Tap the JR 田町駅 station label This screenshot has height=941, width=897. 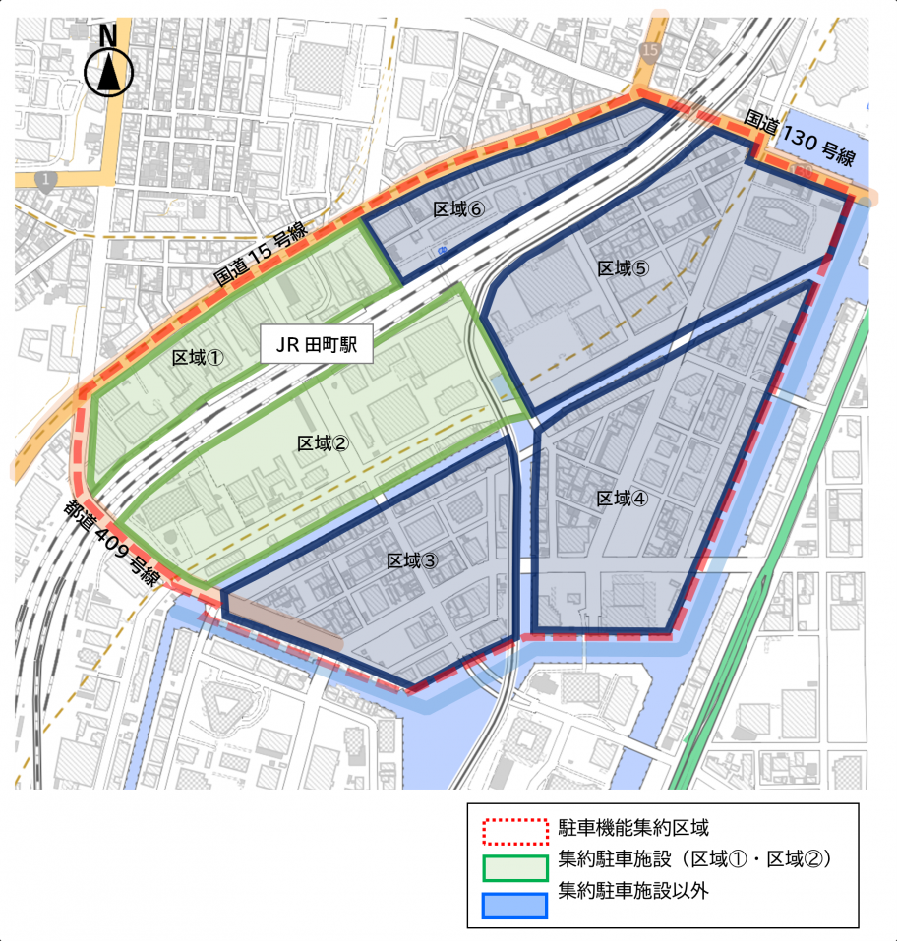coord(316,347)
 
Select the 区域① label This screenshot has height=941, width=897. coord(199,357)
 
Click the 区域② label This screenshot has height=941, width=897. coord(323,443)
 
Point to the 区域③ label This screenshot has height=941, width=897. coord(412,560)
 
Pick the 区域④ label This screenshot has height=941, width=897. coord(623,499)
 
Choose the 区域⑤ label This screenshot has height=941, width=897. coord(623,267)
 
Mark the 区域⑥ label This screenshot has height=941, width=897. coord(458,209)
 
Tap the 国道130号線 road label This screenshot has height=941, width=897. coord(800,139)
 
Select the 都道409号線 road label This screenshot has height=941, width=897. coord(113,545)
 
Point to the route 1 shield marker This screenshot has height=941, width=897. coord(44,180)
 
